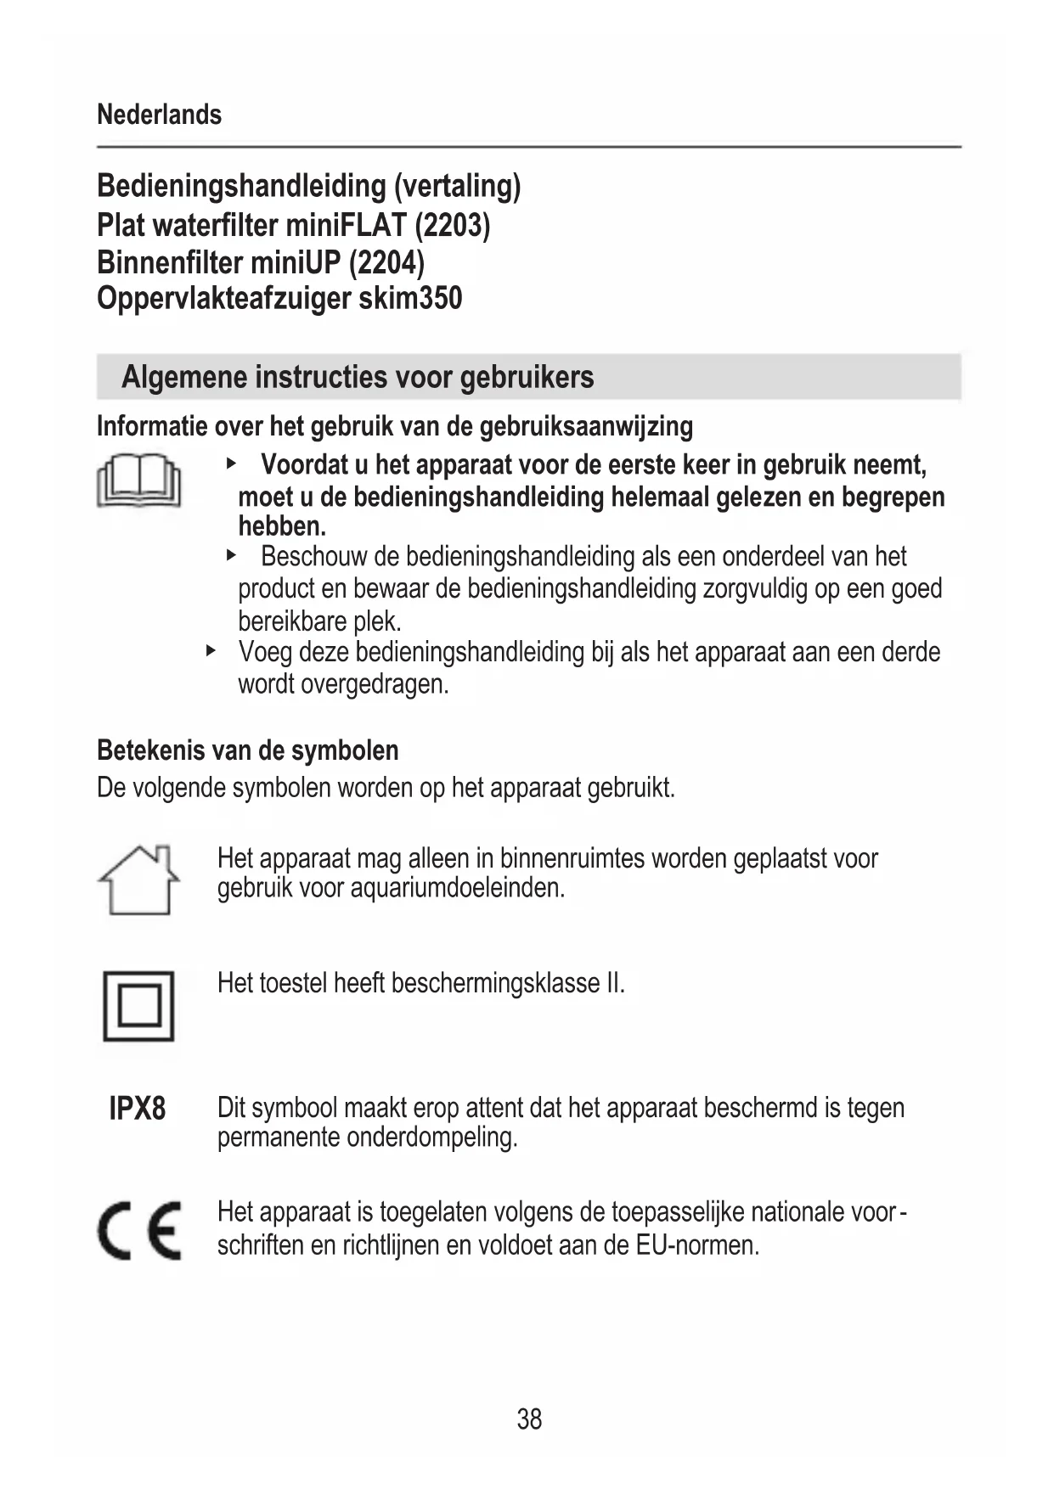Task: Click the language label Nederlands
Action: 159,115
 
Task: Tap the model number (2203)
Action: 452,225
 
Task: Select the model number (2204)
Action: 386,262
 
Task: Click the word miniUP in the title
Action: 295,262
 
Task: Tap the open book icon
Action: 139,481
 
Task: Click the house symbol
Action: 139,879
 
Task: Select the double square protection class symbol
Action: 138,1006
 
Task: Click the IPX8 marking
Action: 138,1109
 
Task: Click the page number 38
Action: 529,1419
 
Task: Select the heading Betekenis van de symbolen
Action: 247,750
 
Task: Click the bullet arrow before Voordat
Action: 230,464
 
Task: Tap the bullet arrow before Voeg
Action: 211,651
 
